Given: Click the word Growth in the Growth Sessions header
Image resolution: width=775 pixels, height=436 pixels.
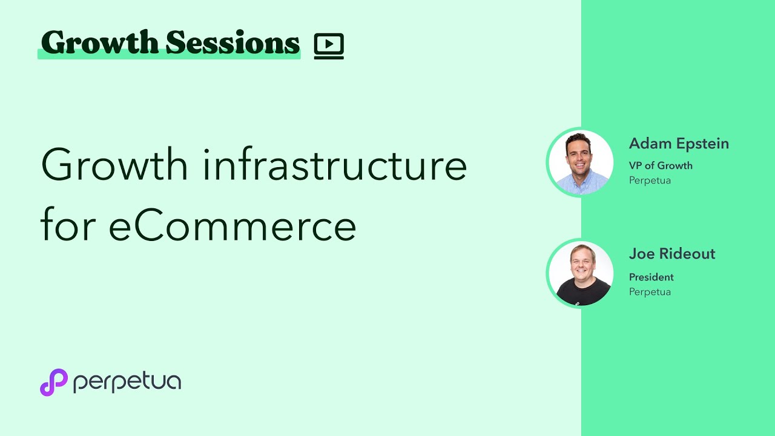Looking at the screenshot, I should coord(99,43).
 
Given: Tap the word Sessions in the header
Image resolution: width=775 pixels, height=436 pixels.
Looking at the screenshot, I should coord(233,43).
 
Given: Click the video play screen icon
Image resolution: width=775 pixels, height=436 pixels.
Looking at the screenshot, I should coord(329,46).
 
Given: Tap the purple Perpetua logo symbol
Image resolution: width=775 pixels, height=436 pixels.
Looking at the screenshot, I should coord(53,382).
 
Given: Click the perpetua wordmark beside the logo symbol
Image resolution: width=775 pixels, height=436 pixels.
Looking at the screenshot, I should coord(127,383).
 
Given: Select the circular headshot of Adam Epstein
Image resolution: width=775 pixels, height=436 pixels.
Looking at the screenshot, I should coord(581,162).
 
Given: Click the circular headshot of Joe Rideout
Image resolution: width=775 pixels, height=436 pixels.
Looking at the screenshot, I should coord(581,273).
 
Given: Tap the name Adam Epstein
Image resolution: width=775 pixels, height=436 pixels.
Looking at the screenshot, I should coord(679,144).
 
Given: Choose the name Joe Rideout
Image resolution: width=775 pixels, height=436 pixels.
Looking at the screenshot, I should coord(672,254).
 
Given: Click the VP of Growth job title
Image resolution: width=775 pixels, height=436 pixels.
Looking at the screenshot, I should coord(661,165).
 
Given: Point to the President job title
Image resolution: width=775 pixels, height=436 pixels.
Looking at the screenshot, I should coord(651,277).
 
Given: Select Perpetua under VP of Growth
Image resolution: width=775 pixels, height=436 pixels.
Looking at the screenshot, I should coord(650,180).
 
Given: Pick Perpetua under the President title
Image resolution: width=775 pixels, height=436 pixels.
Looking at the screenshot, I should coord(650,292).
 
